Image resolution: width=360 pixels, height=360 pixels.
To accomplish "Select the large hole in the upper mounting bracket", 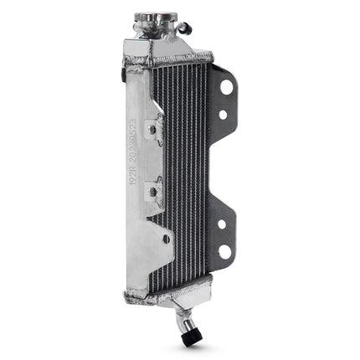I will point(224,88).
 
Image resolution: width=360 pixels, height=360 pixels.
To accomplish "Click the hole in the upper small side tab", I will point(153,129).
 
